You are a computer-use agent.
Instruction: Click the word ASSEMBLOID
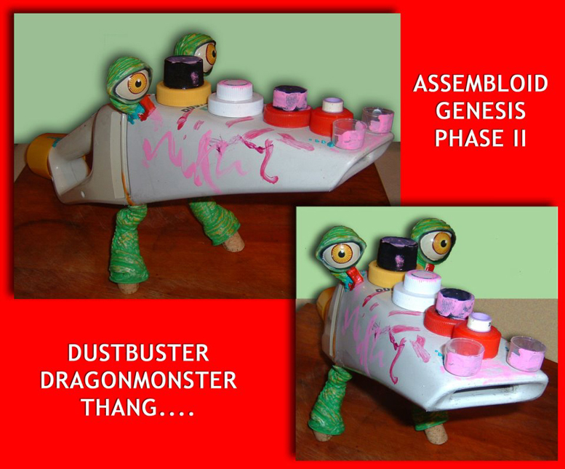(481, 84)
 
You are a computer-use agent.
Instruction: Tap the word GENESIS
(481, 111)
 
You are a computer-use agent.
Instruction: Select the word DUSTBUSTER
(138, 353)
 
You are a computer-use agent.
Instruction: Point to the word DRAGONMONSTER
(138, 380)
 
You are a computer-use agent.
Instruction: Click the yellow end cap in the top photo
(40, 155)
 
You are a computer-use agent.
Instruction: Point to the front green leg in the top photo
(129, 244)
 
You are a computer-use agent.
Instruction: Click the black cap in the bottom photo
(398, 254)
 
